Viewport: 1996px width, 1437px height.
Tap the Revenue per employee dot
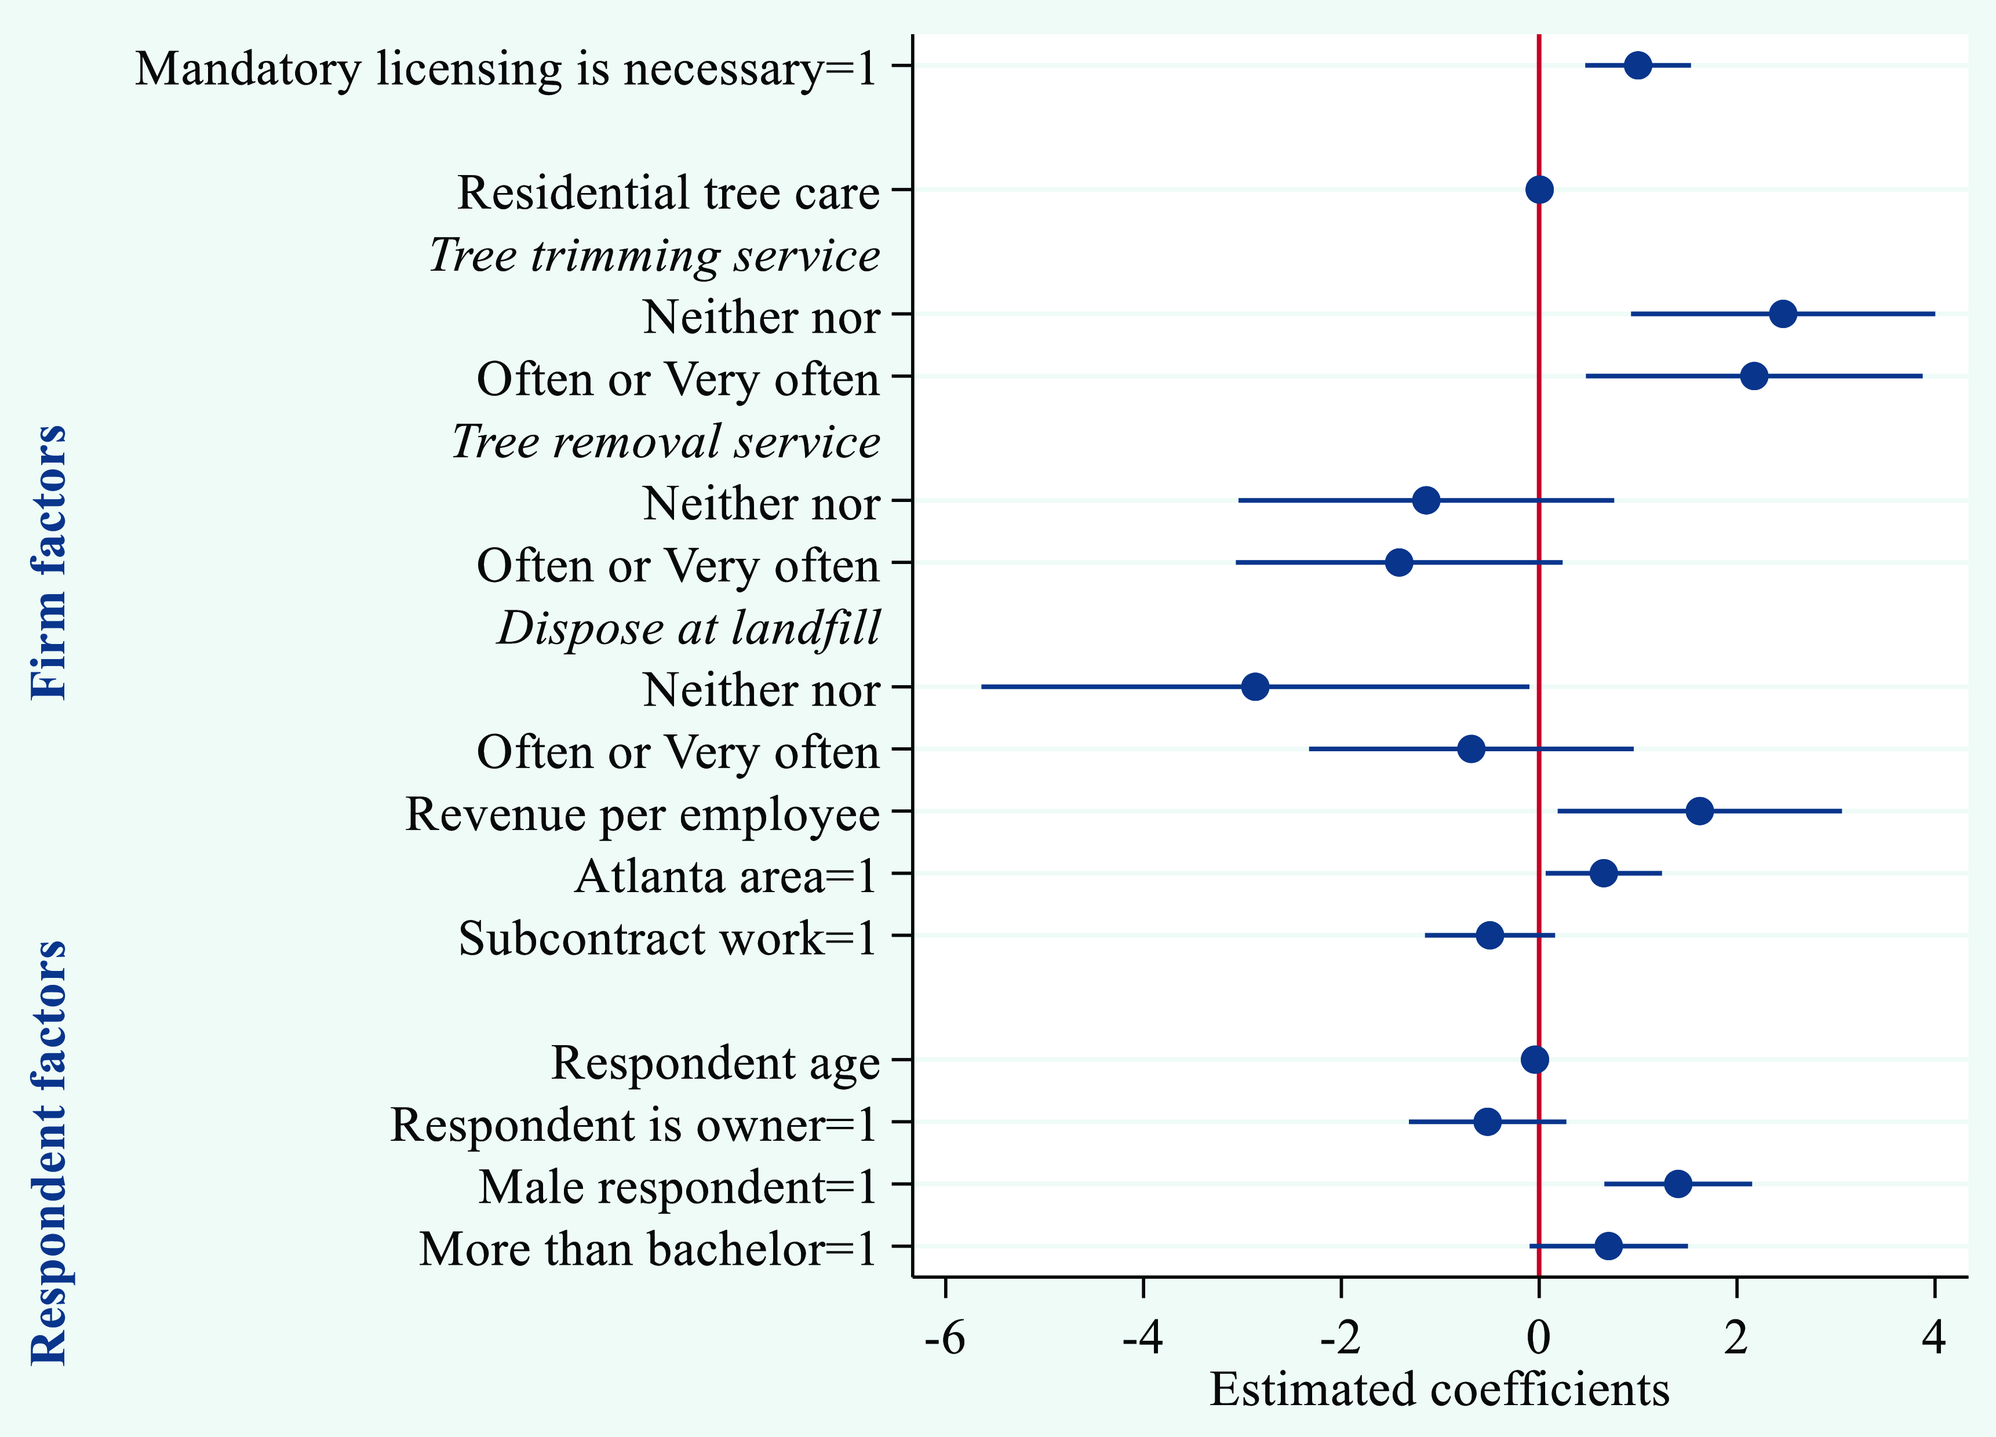click(x=1699, y=810)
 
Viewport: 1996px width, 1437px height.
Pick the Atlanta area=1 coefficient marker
click(x=1604, y=873)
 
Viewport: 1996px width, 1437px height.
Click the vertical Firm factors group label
click(x=49, y=563)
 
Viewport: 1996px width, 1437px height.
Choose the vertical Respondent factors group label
click(x=49, y=1153)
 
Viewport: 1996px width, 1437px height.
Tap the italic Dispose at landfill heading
click(x=688, y=628)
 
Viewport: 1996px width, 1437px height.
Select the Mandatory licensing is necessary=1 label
click(x=506, y=68)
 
